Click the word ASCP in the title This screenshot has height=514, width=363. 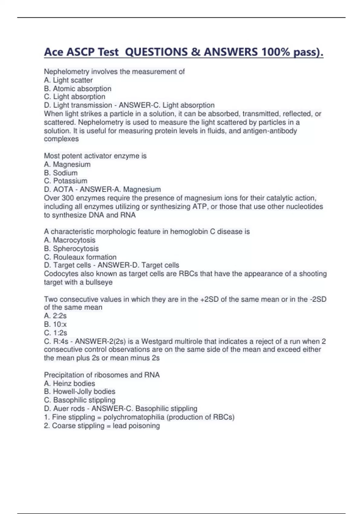[x=80, y=52]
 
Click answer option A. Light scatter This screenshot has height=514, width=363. [x=68, y=80]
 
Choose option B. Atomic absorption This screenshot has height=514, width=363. [x=78, y=89]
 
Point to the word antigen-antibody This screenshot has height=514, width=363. [x=270, y=131]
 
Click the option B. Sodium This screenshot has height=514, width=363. [x=61, y=173]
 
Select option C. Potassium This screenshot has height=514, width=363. [x=66, y=181]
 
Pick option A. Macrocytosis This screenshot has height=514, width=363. [x=70, y=240]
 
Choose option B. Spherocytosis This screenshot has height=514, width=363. [x=71, y=249]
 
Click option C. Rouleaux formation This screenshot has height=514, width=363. [x=80, y=257]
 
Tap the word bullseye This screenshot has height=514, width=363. [x=99, y=282]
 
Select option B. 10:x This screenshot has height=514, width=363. [x=55, y=324]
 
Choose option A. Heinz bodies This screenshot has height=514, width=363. [x=70, y=383]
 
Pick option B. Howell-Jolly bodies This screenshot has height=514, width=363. [x=80, y=392]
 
